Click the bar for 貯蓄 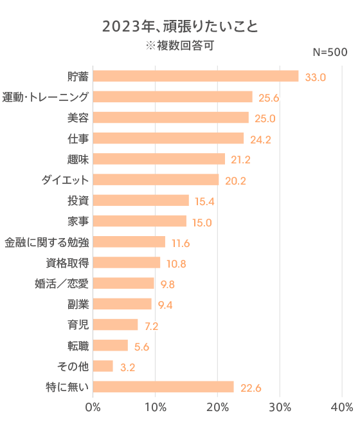(x=196, y=76)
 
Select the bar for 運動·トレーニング (x=173, y=96)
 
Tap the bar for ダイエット (x=156, y=179)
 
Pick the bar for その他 (x=103, y=366)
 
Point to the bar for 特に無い (x=163, y=387)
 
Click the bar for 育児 (x=116, y=325)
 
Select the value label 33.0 (x=316, y=77)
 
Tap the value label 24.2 (x=260, y=139)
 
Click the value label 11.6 (x=181, y=243)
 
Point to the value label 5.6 (x=141, y=347)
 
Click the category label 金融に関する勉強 (x=46, y=242)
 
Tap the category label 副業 (x=78, y=304)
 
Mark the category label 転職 (x=78, y=345)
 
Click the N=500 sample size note (x=330, y=51)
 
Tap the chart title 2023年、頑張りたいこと (x=180, y=26)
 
